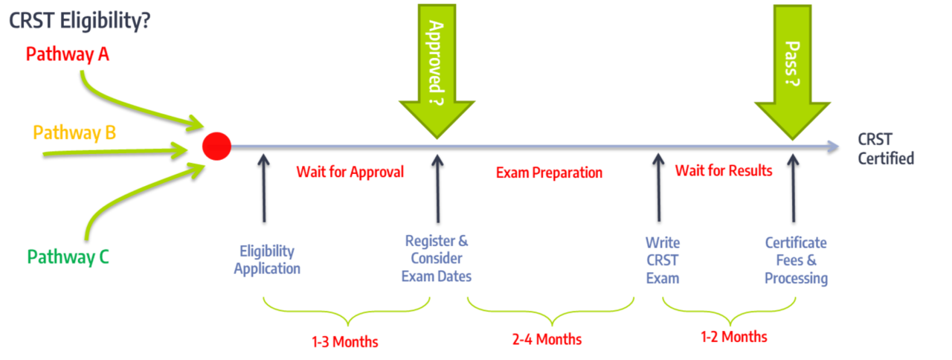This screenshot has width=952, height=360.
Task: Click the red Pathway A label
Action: pyautogui.click(x=67, y=54)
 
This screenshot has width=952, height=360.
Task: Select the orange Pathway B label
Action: pyautogui.click(x=74, y=133)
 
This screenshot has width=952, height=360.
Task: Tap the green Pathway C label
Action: pyautogui.click(x=68, y=257)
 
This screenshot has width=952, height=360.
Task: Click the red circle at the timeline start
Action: pyautogui.click(x=216, y=145)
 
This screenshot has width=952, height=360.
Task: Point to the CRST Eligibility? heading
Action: pyautogui.click(x=81, y=22)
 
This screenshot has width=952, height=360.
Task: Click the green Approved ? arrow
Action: pyautogui.click(x=437, y=67)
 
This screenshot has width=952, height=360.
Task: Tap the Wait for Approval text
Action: pyautogui.click(x=350, y=172)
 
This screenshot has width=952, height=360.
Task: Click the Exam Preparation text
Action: pyautogui.click(x=549, y=173)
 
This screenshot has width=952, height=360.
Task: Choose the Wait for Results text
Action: pyautogui.click(x=724, y=171)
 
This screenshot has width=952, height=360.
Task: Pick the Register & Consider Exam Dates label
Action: pyautogui.click(x=437, y=258)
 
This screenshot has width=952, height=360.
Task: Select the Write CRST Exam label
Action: pyautogui.click(x=662, y=260)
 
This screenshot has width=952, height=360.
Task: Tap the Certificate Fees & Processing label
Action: pyautogui.click(x=796, y=260)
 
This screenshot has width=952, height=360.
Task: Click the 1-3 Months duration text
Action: pyautogui.click(x=344, y=342)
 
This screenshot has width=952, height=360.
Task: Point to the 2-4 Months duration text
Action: pyautogui.click(x=547, y=340)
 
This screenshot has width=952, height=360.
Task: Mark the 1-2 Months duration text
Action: pyautogui.click(x=733, y=336)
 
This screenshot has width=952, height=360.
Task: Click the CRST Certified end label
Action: pyautogui.click(x=886, y=149)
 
